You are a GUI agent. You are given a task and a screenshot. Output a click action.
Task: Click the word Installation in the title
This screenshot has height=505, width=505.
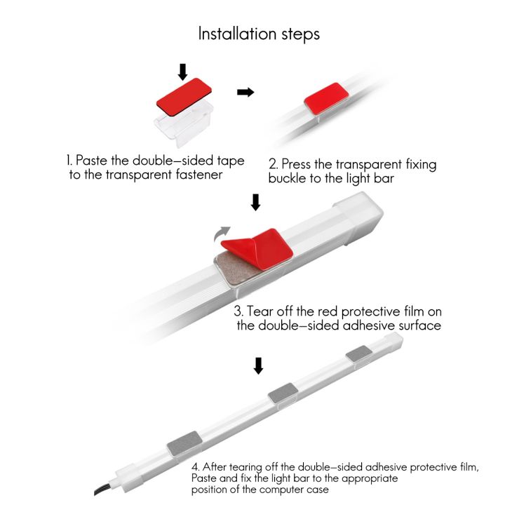click(x=237, y=34)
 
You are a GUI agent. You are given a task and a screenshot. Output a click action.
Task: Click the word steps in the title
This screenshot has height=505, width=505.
click(x=300, y=34)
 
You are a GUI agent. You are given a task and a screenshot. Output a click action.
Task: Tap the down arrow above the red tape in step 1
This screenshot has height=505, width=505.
click(x=182, y=72)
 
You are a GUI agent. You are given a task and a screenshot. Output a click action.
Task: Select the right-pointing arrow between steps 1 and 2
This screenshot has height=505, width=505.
click(x=245, y=93)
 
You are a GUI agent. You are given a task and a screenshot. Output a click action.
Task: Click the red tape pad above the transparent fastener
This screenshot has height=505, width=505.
click(x=184, y=97)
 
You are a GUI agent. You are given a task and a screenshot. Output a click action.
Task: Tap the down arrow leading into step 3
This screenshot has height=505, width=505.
click(x=256, y=202)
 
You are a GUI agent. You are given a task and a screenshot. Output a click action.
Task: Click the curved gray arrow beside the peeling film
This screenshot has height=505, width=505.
click(x=222, y=234)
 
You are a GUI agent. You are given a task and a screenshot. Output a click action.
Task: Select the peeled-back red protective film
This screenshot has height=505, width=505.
click(x=257, y=248)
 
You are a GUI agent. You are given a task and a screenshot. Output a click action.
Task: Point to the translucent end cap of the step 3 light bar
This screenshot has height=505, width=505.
click(x=359, y=217)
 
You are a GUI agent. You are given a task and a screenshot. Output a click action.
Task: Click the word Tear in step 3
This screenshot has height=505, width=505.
click(x=260, y=311)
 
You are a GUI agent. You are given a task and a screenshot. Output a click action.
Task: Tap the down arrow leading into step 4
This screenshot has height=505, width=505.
click(x=258, y=365)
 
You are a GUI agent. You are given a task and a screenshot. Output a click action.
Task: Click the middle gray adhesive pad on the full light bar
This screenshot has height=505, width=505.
click(x=283, y=393)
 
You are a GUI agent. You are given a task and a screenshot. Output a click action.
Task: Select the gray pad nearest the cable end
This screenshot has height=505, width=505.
click(x=184, y=443)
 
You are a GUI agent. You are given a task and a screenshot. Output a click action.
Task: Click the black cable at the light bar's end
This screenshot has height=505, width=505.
click(x=102, y=488)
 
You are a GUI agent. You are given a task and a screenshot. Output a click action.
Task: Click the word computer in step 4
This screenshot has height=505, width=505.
click(x=279, y=490)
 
